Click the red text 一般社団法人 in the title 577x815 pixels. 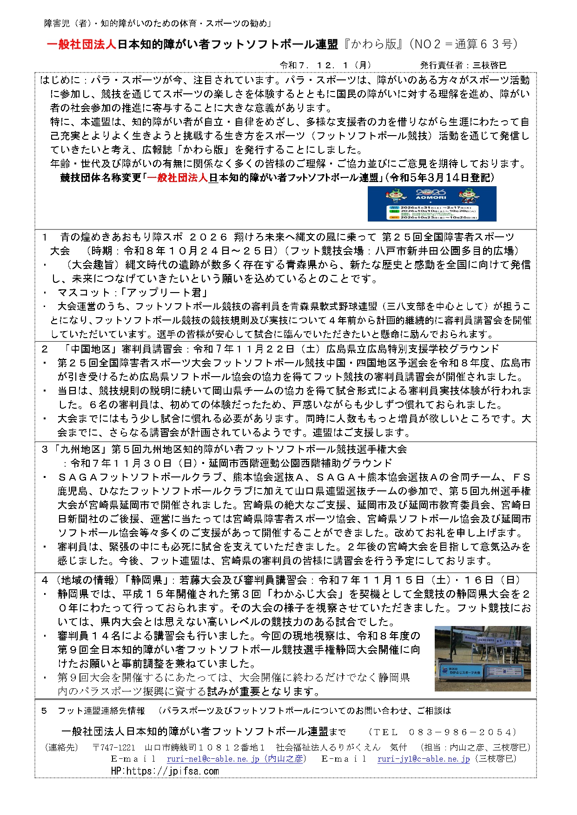81,45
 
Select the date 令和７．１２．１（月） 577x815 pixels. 325,65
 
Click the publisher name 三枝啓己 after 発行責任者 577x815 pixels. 489,65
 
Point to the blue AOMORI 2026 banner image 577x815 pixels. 432,204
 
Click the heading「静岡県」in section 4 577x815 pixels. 148,580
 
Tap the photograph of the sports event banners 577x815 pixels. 482,659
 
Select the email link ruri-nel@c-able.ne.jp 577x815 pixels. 213,759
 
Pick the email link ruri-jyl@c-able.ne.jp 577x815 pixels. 423,759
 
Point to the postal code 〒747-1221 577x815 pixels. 114,747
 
